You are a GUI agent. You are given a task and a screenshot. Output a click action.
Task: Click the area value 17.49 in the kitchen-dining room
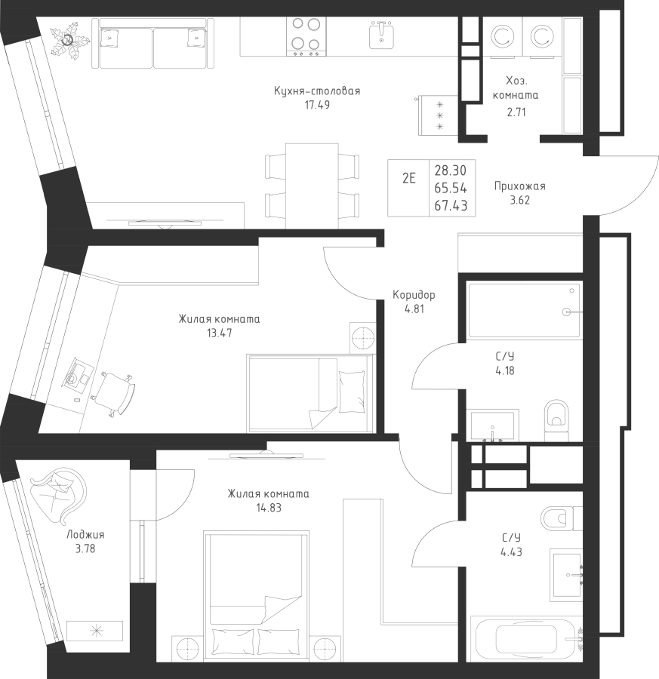coord(317,105)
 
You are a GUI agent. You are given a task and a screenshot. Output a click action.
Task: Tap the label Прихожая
coord(520,186)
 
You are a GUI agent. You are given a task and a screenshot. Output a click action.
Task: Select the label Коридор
coord(414,295)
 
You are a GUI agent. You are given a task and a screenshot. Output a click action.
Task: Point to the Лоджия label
coord(85,535)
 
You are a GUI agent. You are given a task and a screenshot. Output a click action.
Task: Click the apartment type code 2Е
coord(408,178)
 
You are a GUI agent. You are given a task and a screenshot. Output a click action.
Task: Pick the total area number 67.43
coord(451,206)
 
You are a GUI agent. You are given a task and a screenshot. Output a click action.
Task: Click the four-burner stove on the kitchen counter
coord(306,37)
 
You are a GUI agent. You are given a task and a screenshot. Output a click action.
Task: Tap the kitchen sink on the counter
coord(381,35)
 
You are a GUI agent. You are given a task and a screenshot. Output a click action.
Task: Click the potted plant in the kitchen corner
coord(69,40)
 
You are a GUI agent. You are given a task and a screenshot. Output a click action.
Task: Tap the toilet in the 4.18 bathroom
coord(556,419)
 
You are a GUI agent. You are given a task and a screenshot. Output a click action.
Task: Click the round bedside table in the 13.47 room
coord(362,337)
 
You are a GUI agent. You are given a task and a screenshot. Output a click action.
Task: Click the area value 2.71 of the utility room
coord(516,112)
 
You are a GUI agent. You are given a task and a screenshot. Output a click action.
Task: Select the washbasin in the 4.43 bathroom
coord(567,575)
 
